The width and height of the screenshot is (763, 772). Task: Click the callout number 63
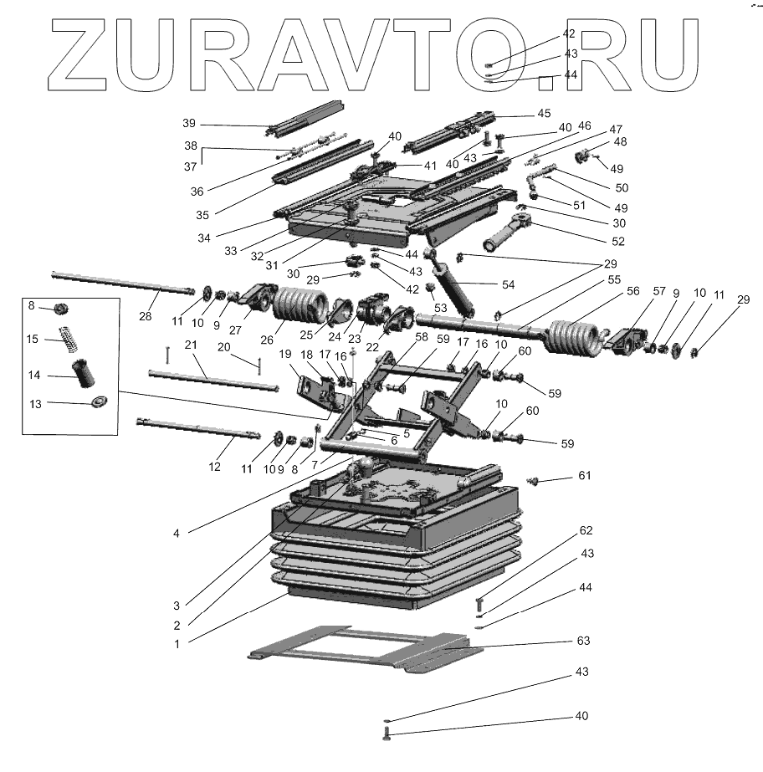(x=583, y=641)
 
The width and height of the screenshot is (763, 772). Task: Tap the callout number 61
(x=584, y=475)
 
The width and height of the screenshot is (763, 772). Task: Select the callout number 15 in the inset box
(x=33, y=339)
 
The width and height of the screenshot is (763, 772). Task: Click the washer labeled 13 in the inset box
(x=98, y=403)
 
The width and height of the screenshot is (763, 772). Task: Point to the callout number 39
(x=188, y=123)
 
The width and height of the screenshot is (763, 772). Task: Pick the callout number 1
(x=177, y=644)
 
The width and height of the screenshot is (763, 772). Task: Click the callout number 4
(x=177, y=530)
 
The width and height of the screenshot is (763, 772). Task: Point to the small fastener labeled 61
(x=533, y=479)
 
